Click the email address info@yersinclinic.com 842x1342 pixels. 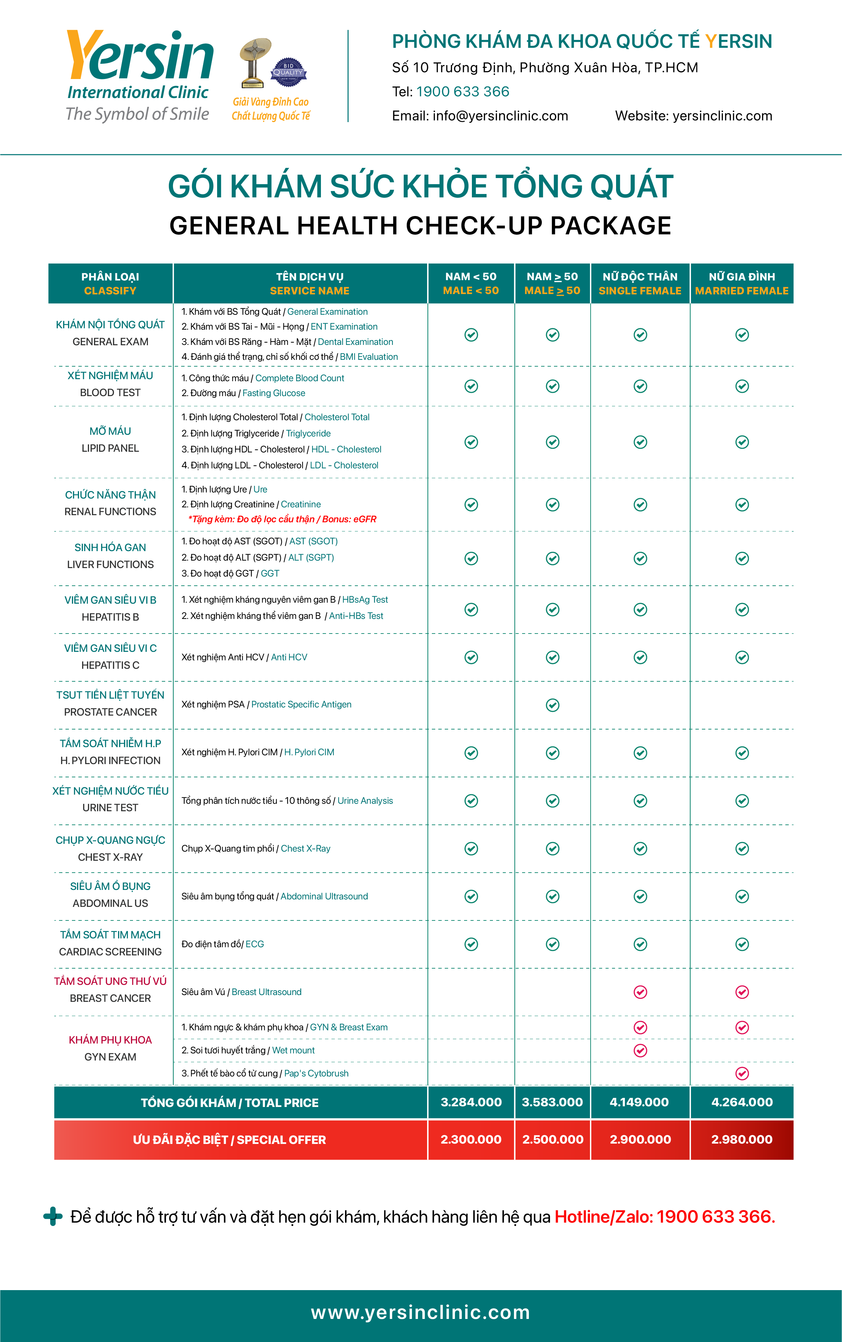pyautogui.click(x=499, y=116)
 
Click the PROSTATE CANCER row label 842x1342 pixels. pyautogui.click(x=110, y=712)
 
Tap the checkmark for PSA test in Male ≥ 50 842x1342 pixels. pyautogui.click(x=552, y=705)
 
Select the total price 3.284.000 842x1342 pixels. pyautogui.click(x=471, y=1102)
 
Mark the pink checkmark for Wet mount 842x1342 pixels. pyautogui.click(x=640, y=1050)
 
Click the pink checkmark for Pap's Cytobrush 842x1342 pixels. pyautogui.click(x=742, y=1074)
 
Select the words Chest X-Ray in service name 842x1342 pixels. pyautogui.click(x=306, y=848)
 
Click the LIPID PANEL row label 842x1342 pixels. pyautogui.click(x=110, y=448)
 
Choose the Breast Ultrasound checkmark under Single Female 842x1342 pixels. pyautogui.click(x=640, y=992)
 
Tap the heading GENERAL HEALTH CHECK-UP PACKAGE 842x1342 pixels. pyautogui.click(x=420, y=226)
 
